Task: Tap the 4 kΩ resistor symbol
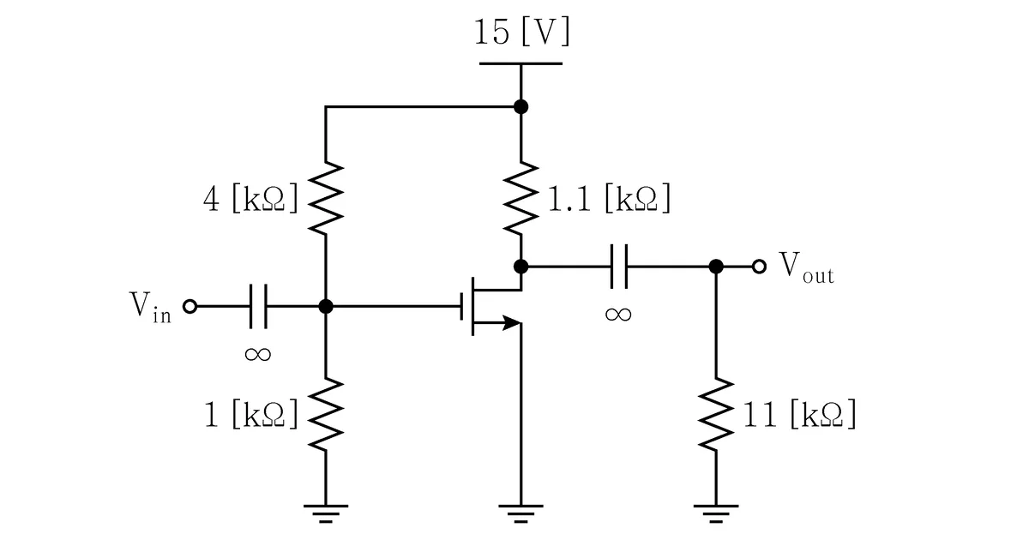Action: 326,198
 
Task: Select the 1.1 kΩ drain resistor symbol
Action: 521,198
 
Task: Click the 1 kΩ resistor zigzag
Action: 326,414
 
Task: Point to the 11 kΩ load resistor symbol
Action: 716,414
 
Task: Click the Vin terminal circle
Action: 190,306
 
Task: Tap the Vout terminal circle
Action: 760,267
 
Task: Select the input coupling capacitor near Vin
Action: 258,306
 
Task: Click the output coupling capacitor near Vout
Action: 619,267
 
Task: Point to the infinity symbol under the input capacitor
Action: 258,354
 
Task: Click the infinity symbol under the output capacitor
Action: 618,315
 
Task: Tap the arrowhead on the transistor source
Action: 512,323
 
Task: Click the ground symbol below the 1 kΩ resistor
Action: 326,513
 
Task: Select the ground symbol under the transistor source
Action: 521,513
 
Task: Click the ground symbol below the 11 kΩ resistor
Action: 716,513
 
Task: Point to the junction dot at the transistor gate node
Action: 326,306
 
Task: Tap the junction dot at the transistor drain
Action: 521,267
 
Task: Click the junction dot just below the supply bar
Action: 521,107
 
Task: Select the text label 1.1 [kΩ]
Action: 610,198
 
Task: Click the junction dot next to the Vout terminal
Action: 716,267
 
